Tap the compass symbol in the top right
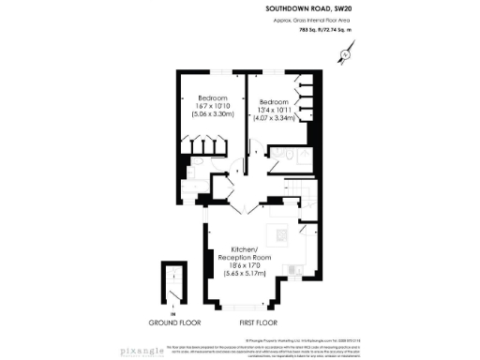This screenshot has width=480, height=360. pos(345,54)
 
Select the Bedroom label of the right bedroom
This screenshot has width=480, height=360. pos(273,102)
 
